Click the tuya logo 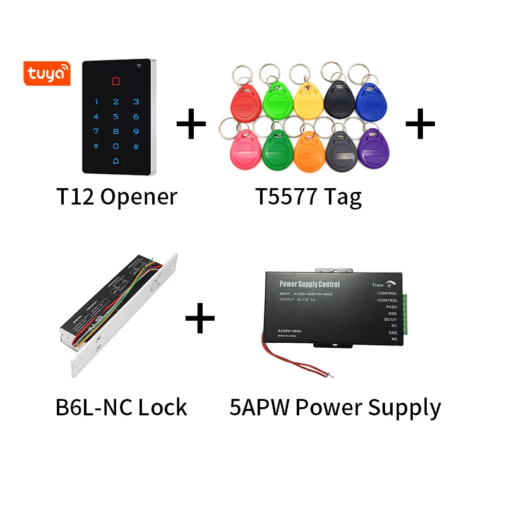pos(46,73)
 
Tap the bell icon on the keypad pos(116,160)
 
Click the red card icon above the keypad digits pos(116,81)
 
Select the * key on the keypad pos(96,146)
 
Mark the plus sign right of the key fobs pos(420,124)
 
